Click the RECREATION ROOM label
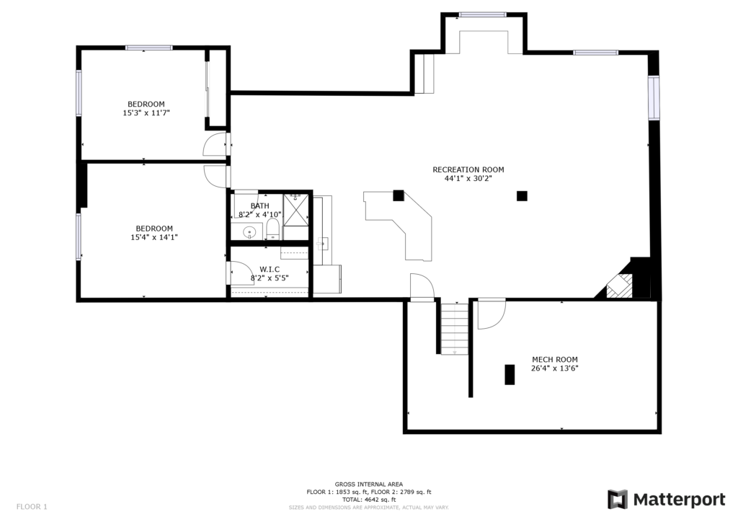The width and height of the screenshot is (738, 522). coord(468,169)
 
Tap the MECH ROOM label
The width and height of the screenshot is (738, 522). coord(555,359)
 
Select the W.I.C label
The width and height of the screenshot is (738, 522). coord(270,269)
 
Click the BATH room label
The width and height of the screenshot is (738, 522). coord(259,205)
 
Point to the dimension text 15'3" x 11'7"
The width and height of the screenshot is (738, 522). coord(146,113)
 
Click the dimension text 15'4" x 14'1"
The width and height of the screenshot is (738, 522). coord(154,237)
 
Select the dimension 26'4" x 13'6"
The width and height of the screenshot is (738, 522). coord(555,368)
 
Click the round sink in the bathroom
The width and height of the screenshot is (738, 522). coord(249,232)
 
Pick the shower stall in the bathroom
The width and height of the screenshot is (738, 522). coord(295,209)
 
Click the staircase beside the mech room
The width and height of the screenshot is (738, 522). coord(455,328)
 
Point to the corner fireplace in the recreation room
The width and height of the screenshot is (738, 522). coord(619,286)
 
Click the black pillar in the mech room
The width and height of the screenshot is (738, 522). coord(510,375)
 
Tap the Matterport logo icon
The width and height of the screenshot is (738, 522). coord(617,500)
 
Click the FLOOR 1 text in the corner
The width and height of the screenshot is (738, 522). coord(32,507)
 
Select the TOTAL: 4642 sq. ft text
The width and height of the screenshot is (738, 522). coord(369,500)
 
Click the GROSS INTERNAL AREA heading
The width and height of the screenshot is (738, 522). coord(369,484)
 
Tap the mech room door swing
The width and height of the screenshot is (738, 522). coord(492,314)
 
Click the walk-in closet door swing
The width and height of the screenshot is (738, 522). coord(241,273)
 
